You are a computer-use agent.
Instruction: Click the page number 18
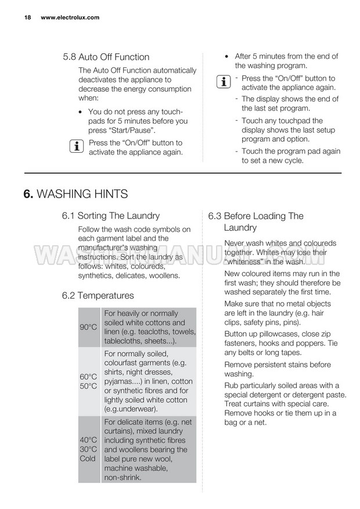[x=27, y=17]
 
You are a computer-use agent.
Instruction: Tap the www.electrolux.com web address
[x=70, y=17]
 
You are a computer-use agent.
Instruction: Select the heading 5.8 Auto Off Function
[x=106, y=57]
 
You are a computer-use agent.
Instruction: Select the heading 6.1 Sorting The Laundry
[x=110, y=216]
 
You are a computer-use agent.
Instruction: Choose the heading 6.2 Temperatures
[x=98, y=296]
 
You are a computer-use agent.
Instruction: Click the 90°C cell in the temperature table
[x=88, y=327]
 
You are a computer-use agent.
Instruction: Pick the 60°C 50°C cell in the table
[x=88, y=381]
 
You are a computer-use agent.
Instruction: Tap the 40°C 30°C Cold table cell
[x=88, y=449]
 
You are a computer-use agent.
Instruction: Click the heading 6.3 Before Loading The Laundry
[x=255, y=221]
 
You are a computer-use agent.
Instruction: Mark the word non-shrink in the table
[x=123, y=477]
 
